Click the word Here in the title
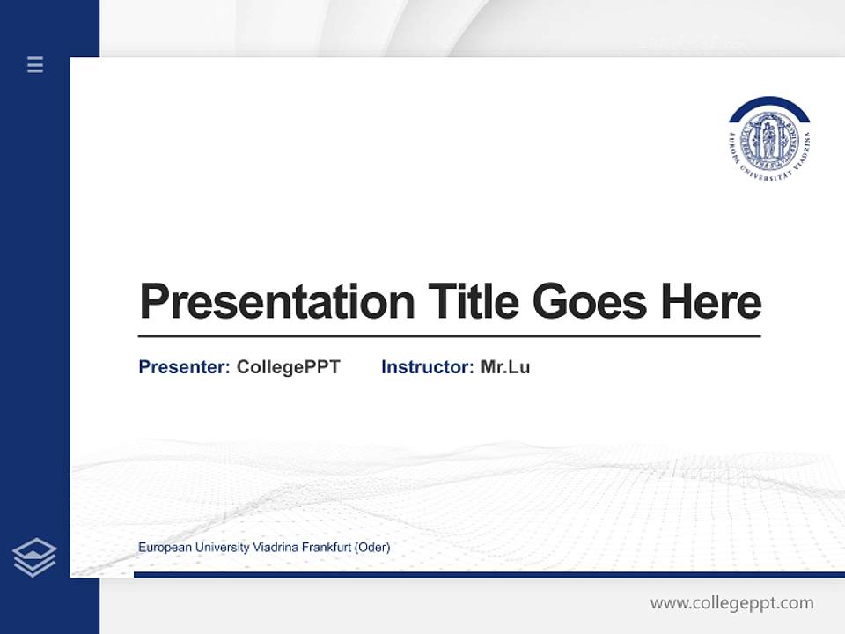[x=711, y=301]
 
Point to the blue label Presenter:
[x=184, y=367]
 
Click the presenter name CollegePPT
[x=288, y=367]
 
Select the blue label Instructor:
[x=427, y=367]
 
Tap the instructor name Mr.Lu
[x=505, y=367]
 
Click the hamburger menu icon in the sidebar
[x=35, y=64]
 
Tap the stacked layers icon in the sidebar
[x=34, y=557]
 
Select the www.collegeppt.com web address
[x=731, y=603]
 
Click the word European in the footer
[x=165, y=548]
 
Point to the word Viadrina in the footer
[x=276, y=548]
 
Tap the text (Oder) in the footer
[x=372, y=548]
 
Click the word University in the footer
[x=222, y=548]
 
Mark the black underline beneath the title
[x=449, y=335]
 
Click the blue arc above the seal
[x=769, y=104]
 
